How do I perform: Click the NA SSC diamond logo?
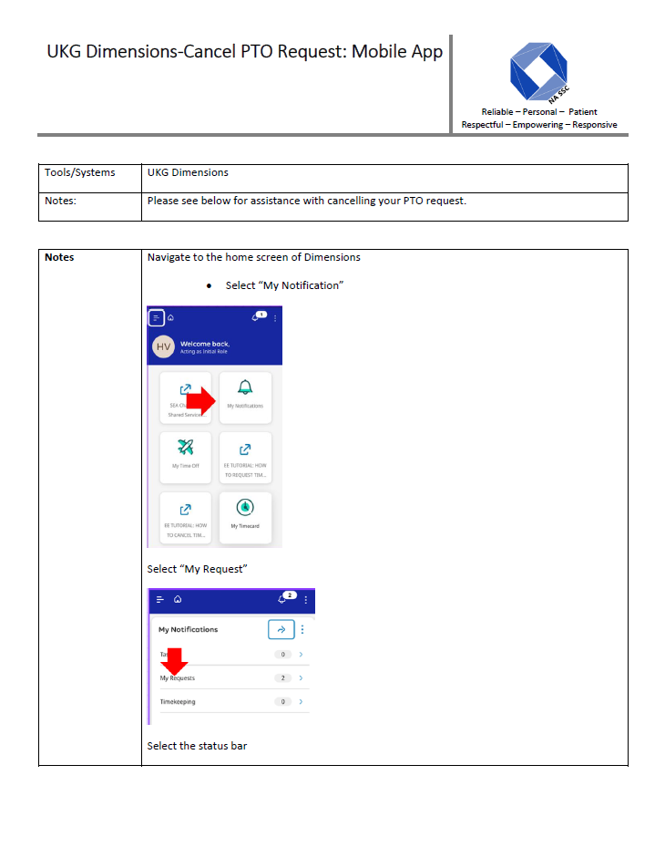[538, 70]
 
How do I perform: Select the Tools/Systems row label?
[80, 172]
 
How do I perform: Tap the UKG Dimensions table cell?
[188, 172]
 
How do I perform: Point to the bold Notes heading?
[59, 257]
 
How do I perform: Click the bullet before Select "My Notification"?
[210, 286]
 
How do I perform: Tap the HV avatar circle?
[164, 347]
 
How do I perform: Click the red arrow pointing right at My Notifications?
[204, 398]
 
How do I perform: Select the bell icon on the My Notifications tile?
[244, 387]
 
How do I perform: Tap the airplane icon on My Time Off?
[186, 447]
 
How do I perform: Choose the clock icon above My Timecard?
[244, 507]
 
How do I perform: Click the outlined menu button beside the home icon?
[157, 317]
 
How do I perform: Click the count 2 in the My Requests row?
[283, 678]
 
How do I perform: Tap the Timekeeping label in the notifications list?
[178, 702]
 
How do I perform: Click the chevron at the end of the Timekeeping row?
[302, 702]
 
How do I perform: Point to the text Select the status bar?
[197, 746]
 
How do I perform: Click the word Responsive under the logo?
[594, 125]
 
